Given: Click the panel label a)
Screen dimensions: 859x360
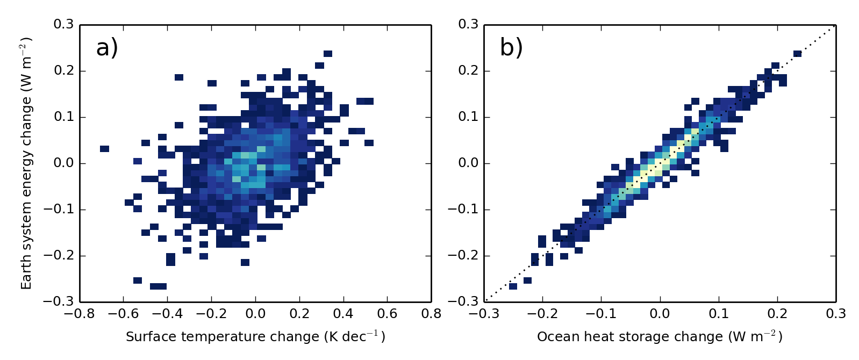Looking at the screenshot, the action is [106, 49].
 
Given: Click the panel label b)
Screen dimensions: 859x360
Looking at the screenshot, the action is [511, 49].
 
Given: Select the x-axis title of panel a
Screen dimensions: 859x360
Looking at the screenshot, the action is [255, 336].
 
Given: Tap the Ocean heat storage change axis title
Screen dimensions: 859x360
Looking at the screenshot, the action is [660, 336].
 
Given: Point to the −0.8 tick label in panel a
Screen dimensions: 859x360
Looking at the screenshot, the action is [80, 314].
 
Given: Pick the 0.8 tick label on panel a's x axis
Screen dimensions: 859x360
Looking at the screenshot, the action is [431, 314].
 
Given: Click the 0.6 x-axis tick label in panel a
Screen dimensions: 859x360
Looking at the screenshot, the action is [387, 314].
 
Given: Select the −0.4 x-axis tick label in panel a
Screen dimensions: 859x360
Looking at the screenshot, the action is [167, 314].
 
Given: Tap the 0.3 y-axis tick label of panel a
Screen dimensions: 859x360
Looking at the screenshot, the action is [63, 25].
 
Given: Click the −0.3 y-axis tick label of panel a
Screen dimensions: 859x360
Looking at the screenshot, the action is [58, 302].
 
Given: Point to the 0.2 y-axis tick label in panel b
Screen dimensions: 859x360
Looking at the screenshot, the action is [468, 71].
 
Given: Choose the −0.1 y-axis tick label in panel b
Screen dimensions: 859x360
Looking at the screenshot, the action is [463, 210].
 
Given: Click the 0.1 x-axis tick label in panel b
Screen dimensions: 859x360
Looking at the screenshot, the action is [719, 314].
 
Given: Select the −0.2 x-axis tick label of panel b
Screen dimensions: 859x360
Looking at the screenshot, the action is [542, 314].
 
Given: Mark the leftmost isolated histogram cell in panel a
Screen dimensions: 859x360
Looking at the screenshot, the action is [105, 149].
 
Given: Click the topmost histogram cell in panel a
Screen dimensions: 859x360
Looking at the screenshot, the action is [328, 54].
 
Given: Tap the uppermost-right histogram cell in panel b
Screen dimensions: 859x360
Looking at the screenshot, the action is [797, 54].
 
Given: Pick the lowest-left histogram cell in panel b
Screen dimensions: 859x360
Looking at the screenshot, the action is [513, 286].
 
